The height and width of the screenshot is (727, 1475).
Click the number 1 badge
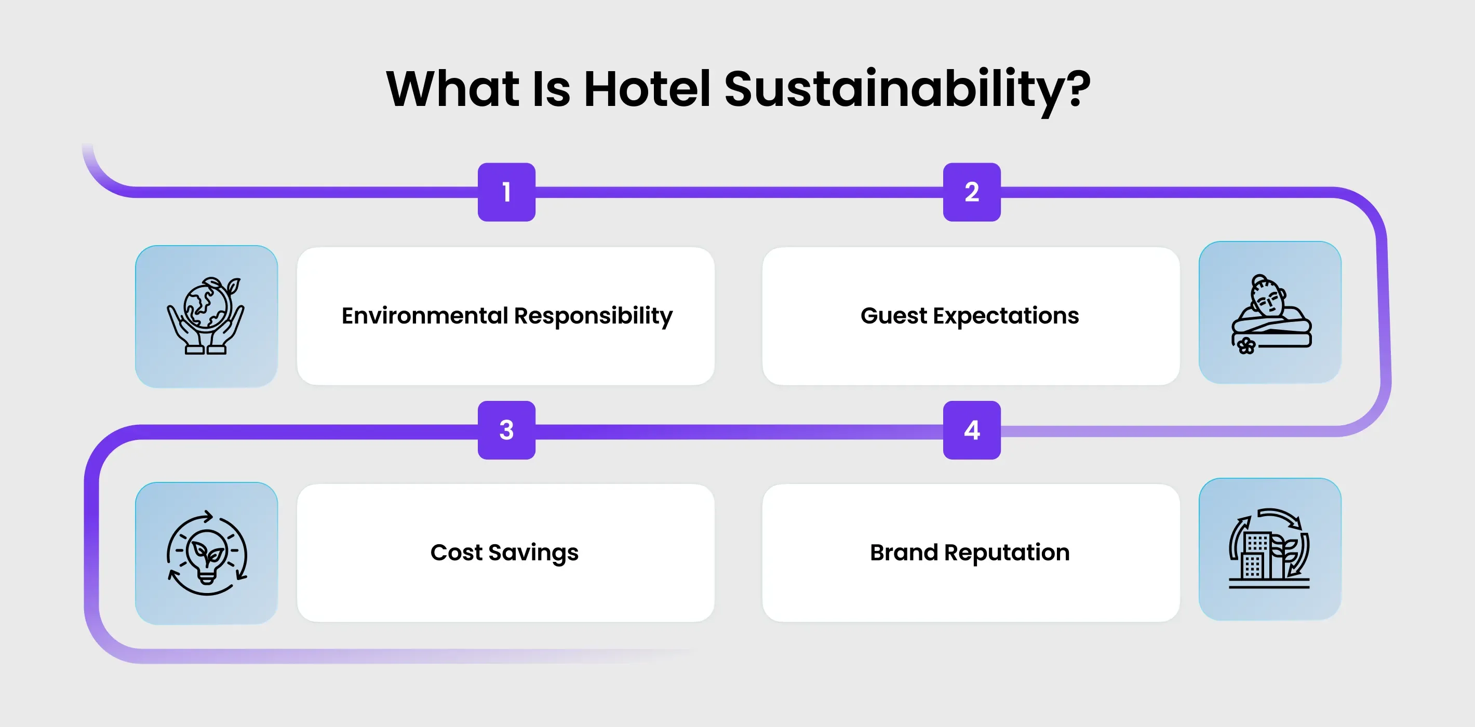click(x=506, y=192)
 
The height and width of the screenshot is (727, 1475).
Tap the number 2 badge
click(x=971, y=192)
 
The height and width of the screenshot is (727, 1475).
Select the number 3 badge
click(x=506, y=430)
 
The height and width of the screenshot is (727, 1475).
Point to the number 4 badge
click(x=971, y=430)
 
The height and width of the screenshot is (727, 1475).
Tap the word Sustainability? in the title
click(x=907, y=90)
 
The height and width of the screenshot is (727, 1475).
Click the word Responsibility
click(x=593, y=317)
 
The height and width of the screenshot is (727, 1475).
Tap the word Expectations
click(x=1006, y=317)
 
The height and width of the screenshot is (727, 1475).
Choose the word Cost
click(x=456, y=553)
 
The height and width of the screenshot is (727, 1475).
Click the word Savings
click(x=533, y=554)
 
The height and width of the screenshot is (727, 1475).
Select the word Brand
click(x=904, y=553)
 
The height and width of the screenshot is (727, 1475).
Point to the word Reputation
click(x=1007, y=554)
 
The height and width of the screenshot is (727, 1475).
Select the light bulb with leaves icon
click(x=206, y=553)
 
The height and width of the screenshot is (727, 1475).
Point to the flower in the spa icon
click(x=1246, y=345)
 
